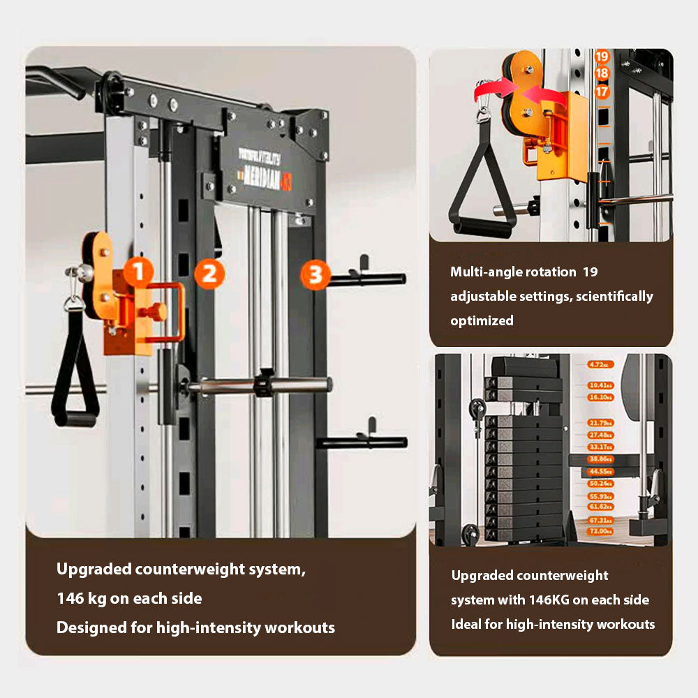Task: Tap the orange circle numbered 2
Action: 209,273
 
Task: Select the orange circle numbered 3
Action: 315,275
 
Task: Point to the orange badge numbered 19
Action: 602,57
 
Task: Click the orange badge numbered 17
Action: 602,91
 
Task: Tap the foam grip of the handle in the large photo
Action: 75,419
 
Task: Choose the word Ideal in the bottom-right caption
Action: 466,624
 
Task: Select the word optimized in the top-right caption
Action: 482,320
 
